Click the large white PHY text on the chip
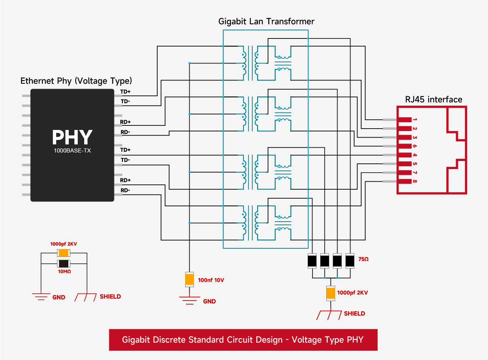tap(72, 138)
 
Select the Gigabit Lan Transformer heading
tap(266, 21)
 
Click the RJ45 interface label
tap(433, 100)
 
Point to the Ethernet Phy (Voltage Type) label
tap(76, 81)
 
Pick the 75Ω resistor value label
tap(363, 259)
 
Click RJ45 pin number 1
tap(415, 120)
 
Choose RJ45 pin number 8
tap(415, 181)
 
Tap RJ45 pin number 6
tap(415, 146)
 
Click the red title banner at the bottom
tap(243, 340)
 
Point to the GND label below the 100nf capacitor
tap(209, 301)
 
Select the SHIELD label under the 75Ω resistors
tap(354, 313)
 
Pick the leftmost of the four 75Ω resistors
tap(312, 261)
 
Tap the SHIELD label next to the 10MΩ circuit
tap(110, 296)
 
